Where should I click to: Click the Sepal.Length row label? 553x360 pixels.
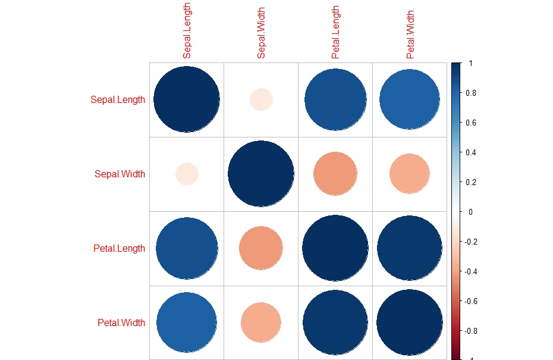[117, 99]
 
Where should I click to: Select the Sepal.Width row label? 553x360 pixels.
[120, 174]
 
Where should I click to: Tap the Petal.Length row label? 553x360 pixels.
[119, 248]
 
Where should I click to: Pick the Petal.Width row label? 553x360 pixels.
[121, 323]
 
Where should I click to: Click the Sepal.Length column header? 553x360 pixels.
[187, 31]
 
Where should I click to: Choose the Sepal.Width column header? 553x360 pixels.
[261, 33]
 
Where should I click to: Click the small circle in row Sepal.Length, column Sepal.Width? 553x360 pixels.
[261, 99]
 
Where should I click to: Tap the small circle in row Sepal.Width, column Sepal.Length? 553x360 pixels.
[187, 174]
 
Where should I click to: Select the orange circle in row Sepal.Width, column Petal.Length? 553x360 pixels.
[335, 174]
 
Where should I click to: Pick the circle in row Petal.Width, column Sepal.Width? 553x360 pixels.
[261, 323]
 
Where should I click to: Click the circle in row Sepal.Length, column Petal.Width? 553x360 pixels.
[410, 99]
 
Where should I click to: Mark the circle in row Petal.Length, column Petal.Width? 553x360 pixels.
[410, 248]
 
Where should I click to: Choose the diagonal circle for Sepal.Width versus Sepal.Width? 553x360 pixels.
[261, 174]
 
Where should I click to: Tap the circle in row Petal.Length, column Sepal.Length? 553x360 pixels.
[187, 248]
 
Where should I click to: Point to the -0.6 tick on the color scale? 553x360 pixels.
[472, 301]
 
